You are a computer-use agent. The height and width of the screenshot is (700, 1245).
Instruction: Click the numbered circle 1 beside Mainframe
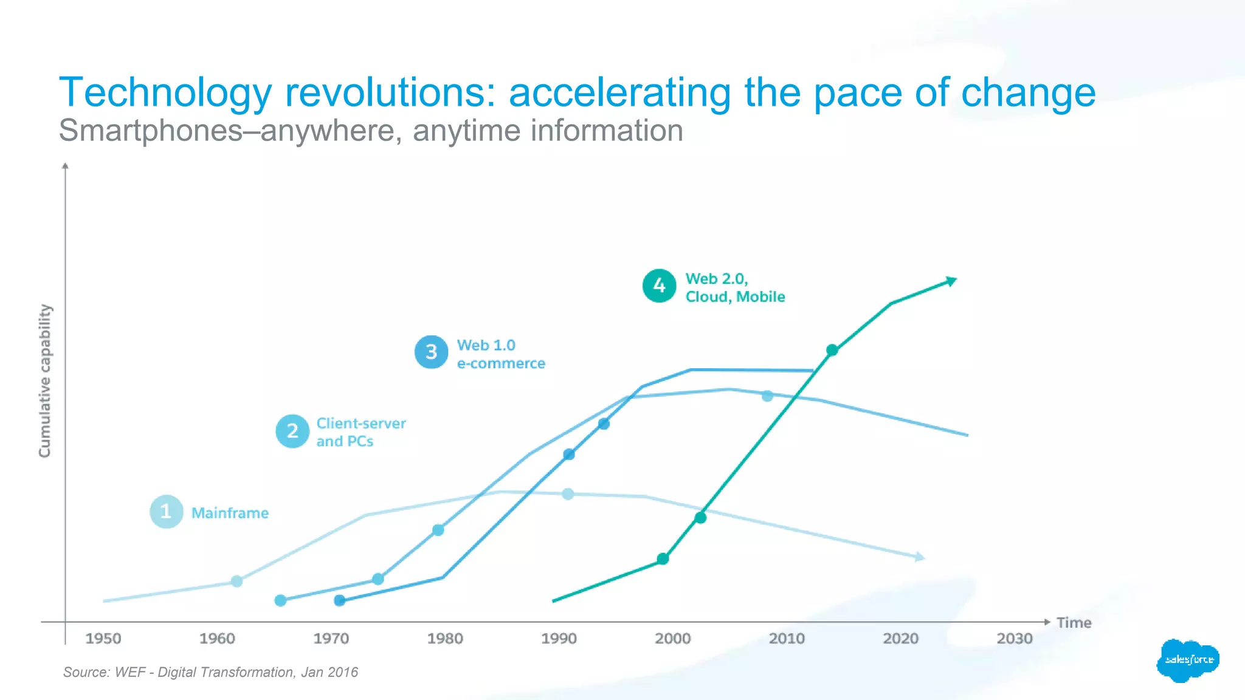pos(166,512)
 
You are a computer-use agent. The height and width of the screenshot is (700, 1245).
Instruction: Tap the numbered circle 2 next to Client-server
pos(292,431)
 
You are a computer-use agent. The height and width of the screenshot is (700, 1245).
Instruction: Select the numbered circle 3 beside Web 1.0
pos(431,352)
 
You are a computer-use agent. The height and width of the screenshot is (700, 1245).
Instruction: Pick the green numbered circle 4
pos(659,286)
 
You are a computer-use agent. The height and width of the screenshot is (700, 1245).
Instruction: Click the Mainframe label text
pos(230,513)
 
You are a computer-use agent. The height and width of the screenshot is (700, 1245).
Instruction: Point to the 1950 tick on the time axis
pos(103,639)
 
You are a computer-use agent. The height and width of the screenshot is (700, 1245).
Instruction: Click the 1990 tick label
pos(559,639)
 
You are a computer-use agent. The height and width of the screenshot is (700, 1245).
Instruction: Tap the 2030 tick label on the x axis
pos(1015,639)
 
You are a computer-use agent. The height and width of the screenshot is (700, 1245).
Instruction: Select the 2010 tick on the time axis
pos(787,639)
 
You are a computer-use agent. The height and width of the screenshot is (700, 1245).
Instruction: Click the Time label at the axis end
pos(1074,623)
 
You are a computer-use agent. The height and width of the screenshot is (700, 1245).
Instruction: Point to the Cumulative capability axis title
pos(45,381)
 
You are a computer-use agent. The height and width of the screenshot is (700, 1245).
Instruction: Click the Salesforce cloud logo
pos(1188,660)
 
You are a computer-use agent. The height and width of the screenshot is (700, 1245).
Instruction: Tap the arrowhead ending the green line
pos(951,281)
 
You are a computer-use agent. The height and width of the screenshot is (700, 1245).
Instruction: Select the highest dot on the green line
pos(832,350)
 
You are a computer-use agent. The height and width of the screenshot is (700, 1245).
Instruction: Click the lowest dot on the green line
pos(663,558)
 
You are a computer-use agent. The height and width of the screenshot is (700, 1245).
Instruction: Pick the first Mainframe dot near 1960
pos(237,582)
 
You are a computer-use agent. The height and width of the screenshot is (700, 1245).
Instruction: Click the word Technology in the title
pos(165,93)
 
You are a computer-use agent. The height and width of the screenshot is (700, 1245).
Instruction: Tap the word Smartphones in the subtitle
pos(151,131)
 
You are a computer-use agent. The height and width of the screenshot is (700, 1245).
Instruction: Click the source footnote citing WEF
pos(210,672)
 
